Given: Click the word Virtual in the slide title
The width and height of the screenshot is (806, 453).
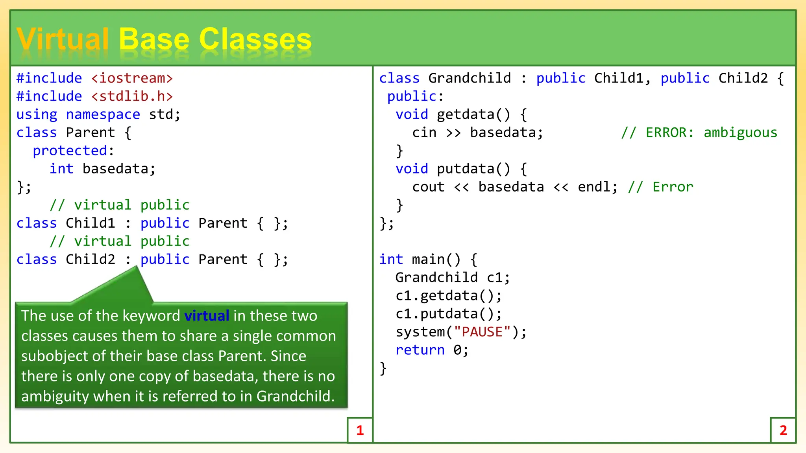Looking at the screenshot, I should click(x=62, y=39).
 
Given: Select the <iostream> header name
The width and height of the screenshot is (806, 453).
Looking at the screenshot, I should click(x=132, y=78).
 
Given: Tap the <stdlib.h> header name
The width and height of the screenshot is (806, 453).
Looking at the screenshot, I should click(x=132, y=96).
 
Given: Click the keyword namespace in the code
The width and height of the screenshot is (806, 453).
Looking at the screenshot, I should click(x=103, y=114).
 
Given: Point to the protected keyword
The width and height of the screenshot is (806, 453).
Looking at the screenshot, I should click(x=70, y=151).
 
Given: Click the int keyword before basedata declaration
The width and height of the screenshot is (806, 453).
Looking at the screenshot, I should click(x=61, y=169).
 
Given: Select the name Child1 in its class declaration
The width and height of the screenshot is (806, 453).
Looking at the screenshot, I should click(x=90, y=223).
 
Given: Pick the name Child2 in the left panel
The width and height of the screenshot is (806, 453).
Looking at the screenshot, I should click(x=90, y=259).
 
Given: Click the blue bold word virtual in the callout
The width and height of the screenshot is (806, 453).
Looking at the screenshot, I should click(x=207, y=316).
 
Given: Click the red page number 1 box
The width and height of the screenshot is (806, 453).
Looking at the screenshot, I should click(x=360, y=430).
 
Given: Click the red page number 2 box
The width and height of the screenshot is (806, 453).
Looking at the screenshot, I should click(x=783, y=430).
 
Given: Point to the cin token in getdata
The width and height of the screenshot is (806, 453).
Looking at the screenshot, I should click(x=424, y=133).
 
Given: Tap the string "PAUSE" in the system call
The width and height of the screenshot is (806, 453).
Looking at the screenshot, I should click(x=482, y=332).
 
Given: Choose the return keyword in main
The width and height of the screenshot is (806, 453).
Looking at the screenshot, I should click(x=420, y=350).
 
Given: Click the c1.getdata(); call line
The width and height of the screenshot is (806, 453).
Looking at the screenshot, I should click(x=448, y=296).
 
